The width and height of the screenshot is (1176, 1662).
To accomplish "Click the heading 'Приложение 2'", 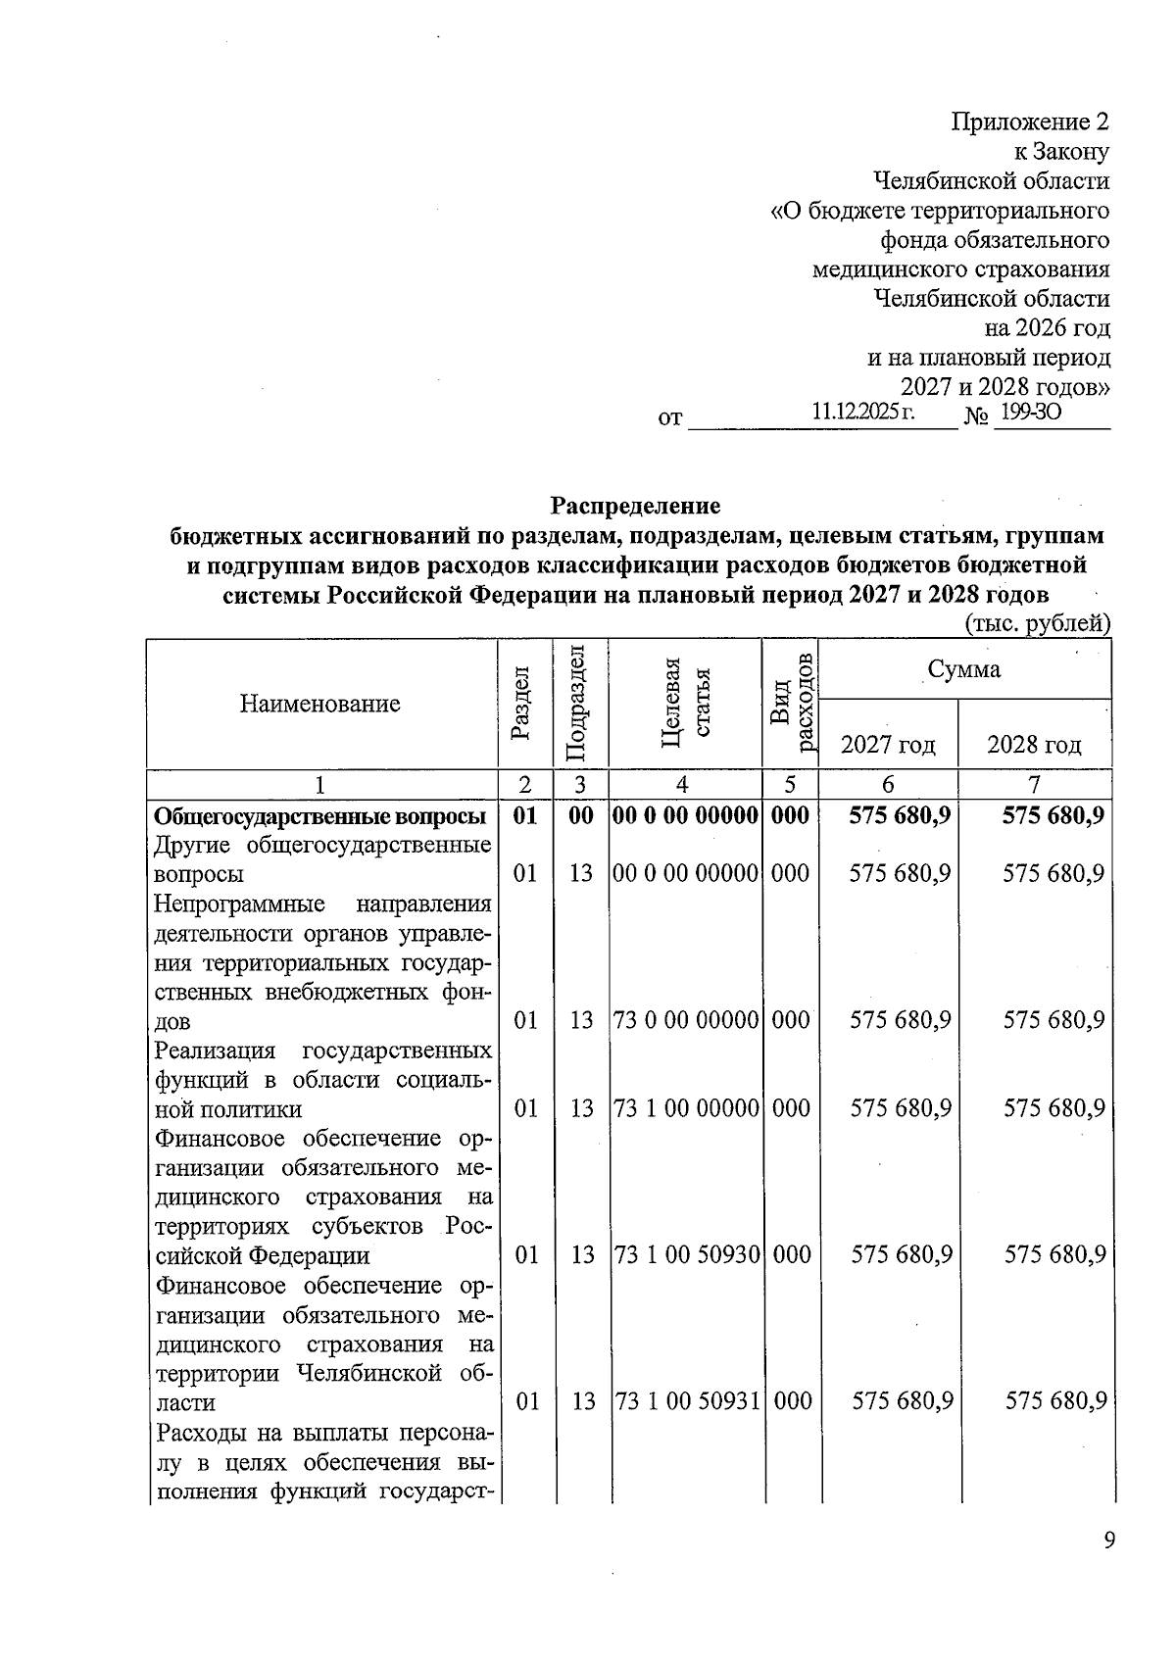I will (1030, 122).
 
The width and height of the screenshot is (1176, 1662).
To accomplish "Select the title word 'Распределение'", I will (635, 506).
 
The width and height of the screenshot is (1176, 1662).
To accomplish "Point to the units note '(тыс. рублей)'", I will (1038, 624).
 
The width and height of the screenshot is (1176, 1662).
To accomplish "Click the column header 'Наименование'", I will (320, 703).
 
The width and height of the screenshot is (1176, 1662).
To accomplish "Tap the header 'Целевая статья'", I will (684, 703).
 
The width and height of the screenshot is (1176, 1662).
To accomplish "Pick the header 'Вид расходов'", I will (791, 703).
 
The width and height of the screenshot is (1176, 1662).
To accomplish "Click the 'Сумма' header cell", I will (964, 669).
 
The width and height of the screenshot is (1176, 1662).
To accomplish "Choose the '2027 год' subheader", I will (888, 745).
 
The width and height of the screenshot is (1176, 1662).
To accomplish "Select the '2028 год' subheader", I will (1034, 745).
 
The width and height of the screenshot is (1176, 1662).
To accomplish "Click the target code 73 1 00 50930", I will (686, 1254).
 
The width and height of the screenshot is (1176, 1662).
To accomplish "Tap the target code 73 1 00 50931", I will (686, 1401).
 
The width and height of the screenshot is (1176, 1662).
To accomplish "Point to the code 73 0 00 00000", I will (686, 1020).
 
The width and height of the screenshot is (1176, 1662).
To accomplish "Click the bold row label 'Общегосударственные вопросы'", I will (320, 816).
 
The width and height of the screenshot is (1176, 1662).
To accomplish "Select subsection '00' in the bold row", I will (581, 815).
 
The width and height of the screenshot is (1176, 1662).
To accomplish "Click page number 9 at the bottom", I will (1108, 1541).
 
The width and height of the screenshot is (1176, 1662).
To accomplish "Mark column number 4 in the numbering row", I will (683, 784).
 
